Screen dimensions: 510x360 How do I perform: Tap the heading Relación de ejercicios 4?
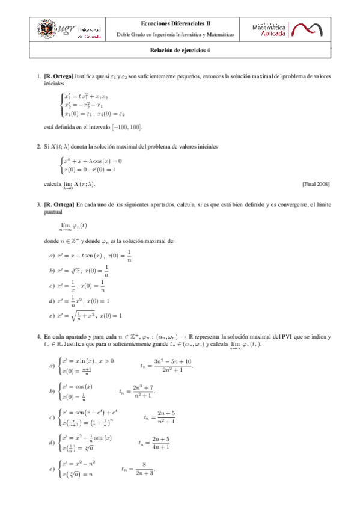[x=180, y=51]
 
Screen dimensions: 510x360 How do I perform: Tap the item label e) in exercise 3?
[x=52, y=315]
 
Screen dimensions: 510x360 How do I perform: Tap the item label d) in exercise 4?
[x=52, y=443]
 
